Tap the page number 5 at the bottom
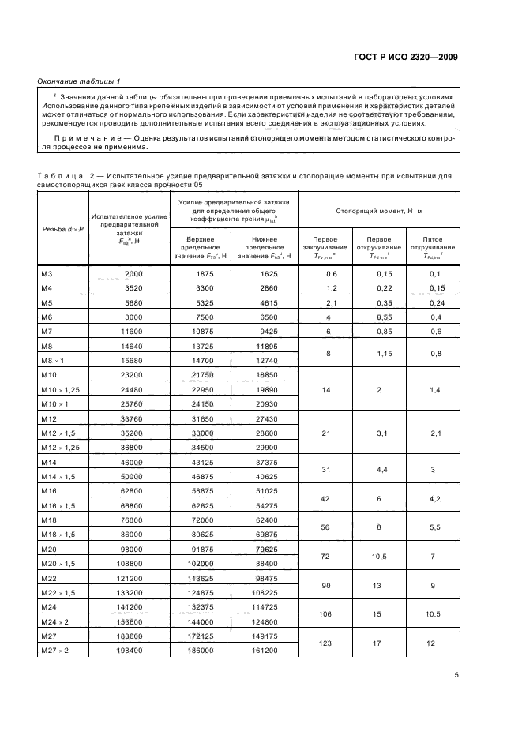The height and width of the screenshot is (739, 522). pos(456,675)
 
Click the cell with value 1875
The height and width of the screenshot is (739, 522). pos(205,273)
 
